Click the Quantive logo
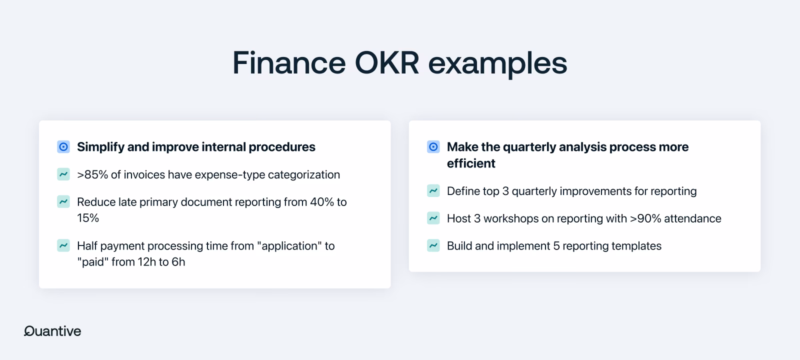(52, 331)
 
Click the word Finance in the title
(289, 63)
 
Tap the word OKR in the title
(387, 63)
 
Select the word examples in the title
(497, 65)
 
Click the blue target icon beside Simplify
(63, 147)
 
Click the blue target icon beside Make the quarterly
(433, 147)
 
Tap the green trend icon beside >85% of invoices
(63, 174)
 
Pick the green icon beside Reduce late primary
(63, 202)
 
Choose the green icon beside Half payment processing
(63, 245)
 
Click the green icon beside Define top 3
(433, 190)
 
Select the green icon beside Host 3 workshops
(433, 218)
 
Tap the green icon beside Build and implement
(433, 245)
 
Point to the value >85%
(92, 174)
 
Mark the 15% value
(88, 218)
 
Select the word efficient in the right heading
(471, 163)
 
